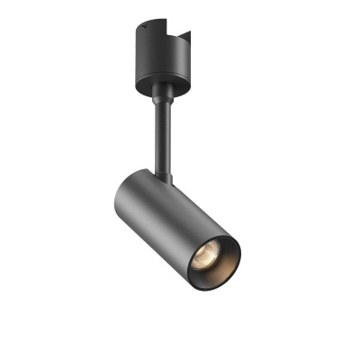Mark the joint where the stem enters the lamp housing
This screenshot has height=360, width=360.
[168, 177]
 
